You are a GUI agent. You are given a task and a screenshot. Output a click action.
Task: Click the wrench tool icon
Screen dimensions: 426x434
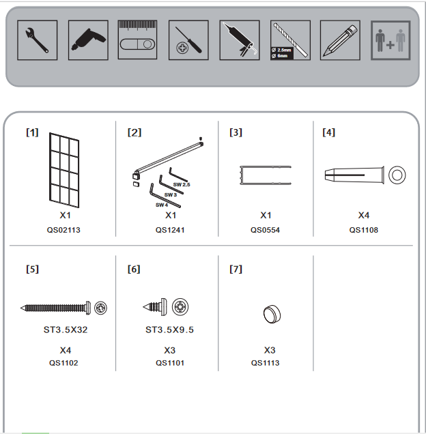tap(37, 40)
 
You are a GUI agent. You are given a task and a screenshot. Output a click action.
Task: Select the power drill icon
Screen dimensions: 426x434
tap(88, 40)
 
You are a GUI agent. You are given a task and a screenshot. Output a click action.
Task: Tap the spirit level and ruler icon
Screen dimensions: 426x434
tap(137, 40)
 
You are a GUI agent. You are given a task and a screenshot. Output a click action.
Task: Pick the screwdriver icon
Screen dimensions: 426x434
tap(188, 40)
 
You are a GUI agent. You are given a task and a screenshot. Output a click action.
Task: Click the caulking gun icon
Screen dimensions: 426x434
tap(240, 40)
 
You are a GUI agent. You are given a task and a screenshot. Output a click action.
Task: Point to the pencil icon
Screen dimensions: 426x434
tap(340, 40)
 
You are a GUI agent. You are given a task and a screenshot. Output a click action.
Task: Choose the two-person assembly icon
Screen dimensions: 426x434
tap(390, 40)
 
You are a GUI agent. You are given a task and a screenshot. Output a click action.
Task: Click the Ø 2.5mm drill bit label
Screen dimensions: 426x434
tap(281, 50)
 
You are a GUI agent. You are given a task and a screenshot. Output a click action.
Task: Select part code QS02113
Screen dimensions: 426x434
tap(63, 230)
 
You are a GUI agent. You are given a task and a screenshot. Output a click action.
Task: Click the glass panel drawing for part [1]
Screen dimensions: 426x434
tap(64, 170)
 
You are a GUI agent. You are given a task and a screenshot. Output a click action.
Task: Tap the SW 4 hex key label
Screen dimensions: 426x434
tap(162, 205)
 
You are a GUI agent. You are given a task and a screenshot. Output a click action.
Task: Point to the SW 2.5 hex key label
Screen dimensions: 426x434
tap(182, 185)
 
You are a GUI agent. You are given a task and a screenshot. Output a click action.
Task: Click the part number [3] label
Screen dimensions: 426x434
tap(236, 132)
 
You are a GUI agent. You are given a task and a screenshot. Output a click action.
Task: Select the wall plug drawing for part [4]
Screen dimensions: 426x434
tap(354, 175)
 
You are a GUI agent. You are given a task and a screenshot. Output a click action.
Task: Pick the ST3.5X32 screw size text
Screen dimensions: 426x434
tap(66, 330)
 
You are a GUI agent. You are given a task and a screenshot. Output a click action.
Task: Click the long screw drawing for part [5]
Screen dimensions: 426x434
tap(55, 308)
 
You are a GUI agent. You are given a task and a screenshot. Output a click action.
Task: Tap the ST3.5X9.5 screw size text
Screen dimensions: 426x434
tap(169, 330)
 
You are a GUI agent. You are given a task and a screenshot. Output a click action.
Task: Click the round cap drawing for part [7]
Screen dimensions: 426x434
tap(272, 314)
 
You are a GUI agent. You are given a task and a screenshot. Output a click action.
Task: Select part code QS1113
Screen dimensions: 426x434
tap(265, 363)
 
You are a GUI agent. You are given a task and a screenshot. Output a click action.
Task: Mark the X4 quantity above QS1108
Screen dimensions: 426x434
tap(364, 215)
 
